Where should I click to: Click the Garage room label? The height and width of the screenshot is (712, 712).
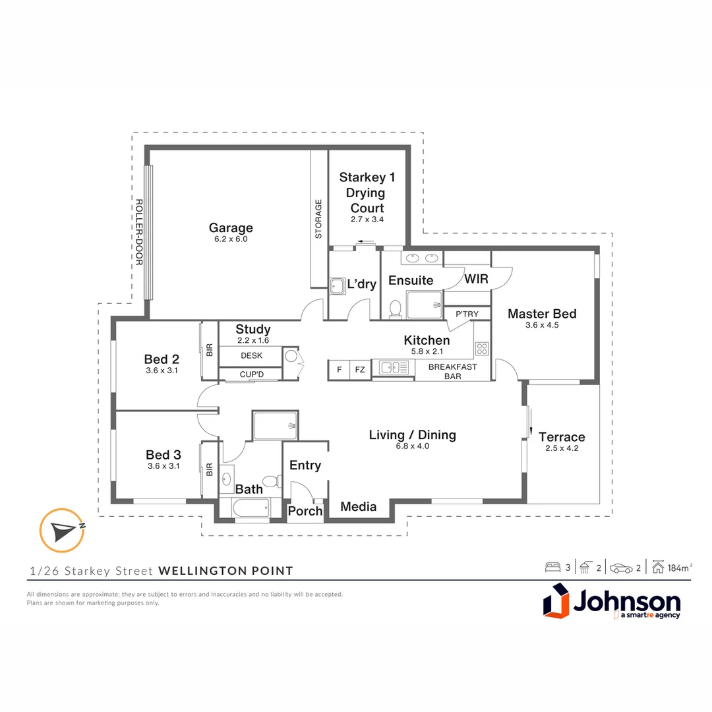(231, 227)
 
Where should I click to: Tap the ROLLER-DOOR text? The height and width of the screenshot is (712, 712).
(139, 232)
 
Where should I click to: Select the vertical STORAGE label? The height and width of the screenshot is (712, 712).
(318, 219)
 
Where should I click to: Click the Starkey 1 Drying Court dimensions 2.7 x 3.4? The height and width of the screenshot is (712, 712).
(367, 220)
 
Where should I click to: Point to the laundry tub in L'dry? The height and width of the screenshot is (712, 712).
(338, 286)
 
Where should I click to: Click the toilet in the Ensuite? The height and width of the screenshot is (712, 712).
(396, 309)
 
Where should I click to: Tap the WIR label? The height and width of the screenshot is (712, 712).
(476, 279)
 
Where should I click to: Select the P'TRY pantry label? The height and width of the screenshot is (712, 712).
(467, 314)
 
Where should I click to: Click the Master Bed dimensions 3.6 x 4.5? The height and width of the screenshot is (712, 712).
(542, 325)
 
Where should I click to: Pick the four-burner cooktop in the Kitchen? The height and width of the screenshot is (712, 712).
(482, 349)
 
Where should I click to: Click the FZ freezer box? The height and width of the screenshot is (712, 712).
(360, 370)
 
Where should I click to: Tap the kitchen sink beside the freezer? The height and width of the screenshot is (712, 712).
(394, 367)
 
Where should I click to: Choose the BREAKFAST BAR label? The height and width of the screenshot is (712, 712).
(453, 371)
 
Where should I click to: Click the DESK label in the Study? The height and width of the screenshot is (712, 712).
(252, 355)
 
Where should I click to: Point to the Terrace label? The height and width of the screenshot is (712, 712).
(562, 437)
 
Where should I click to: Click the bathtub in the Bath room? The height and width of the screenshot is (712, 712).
(251, 507)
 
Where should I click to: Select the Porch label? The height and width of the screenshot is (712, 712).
(305, 511)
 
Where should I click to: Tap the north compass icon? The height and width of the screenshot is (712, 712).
(62, 530)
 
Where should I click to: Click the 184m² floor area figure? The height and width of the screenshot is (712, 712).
(680, 568)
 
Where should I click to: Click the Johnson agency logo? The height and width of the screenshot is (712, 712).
(612, 601)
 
